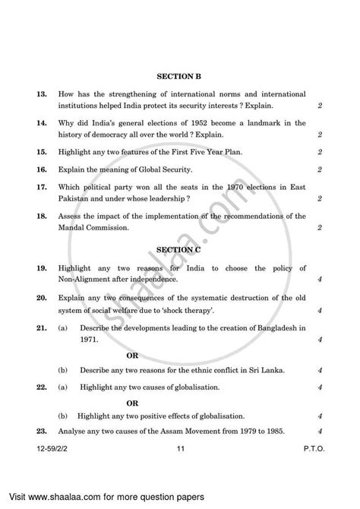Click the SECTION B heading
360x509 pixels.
pyautogui.click(x=179, y=76)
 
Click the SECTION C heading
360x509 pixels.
pyautogui.click(x=179, y=248)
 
